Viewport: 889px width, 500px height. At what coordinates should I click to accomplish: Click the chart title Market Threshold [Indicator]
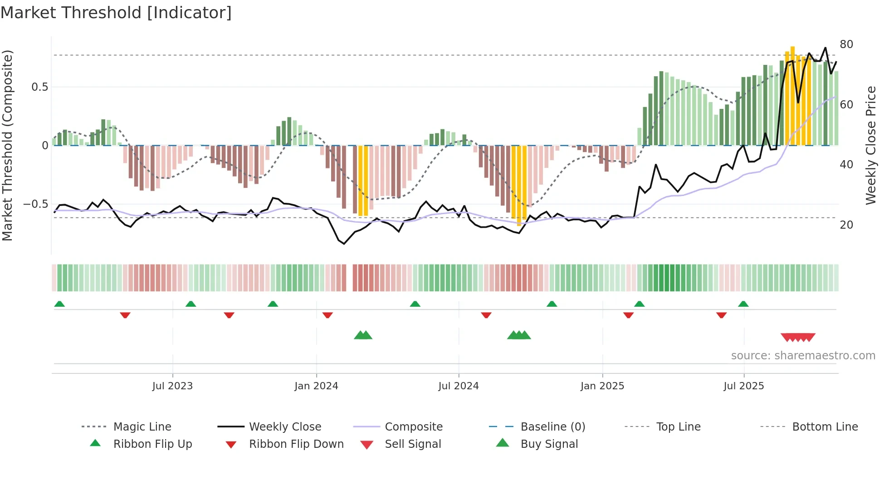pyautogui.click(x=116, y=13)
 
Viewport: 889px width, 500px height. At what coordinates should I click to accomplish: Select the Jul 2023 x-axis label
pyautogui.click(x=172, y=386)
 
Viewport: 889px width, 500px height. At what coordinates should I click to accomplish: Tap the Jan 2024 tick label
pyautogui.click(x=316, y=386)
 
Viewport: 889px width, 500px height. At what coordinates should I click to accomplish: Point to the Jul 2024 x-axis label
pyautogui.click(x=459, y=386)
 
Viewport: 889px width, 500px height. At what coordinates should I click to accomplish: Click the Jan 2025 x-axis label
pyautogui.click(x=602, y=386)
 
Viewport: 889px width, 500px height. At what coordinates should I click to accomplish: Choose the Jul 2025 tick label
pyautogui.click(x=744, y=386)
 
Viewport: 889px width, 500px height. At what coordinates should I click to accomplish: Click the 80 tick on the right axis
pyautogui.click(x=846, y=44)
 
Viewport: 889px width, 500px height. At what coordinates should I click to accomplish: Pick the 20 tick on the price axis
pyautogui.click(x=846, y=225)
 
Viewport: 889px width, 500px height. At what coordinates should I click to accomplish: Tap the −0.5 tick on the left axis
pyautogui.click(x=36, y=204)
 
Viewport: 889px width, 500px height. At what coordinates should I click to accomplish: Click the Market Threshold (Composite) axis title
pyautogui.click(x=7, y=145)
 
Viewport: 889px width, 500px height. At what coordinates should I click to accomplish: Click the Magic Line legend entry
pyautogui.click(x=142, y=427)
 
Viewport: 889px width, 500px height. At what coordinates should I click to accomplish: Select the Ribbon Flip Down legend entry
pyautogui.click(x=296, y=444)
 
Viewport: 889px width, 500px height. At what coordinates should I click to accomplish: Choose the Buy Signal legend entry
pyautogui.click(x=549, y=444)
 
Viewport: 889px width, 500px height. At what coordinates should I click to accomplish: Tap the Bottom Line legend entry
pyautogui.click(x=825, y=427)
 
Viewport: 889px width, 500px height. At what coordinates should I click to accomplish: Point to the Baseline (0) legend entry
pyautogui.click(x=552, y=427)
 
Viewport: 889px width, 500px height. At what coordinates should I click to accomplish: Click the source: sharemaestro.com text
pyautogui.click(x=803, y=356)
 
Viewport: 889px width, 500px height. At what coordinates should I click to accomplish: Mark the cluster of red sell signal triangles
pyautogui.click(x=798, y=337)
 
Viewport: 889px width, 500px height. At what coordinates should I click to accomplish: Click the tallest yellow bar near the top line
pyautogui.click(x=792, y=95)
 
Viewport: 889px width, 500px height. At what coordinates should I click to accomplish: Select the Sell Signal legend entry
pyautogui.click(x=413, y=444)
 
